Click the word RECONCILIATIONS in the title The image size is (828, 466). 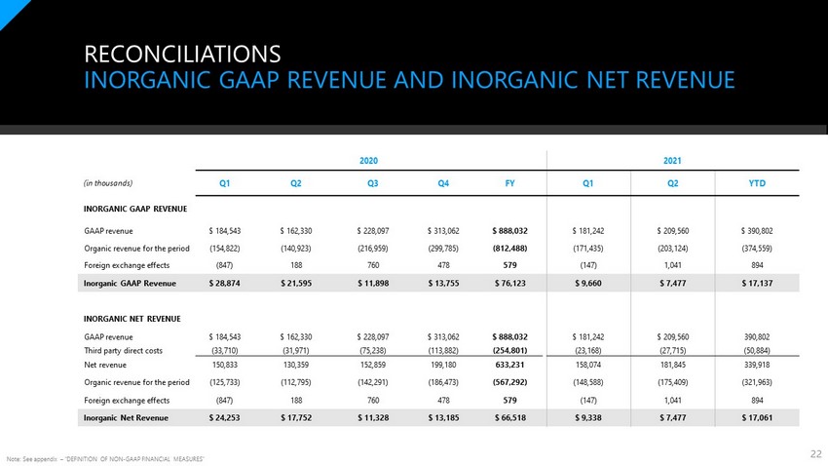[x=182, y=54]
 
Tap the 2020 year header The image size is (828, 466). [x=368, y=161]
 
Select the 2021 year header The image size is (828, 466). [x=672, y=161]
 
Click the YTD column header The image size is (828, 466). [x=757, y=183]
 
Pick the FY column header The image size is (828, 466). [x=509, y=183]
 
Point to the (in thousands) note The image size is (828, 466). [x=108, y=183]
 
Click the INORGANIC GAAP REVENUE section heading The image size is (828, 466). [x=135, y=209]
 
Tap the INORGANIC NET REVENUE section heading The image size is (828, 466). [x=132, y=319]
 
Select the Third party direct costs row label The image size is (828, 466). [x=123, y=350]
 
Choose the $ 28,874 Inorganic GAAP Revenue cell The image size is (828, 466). [x=224, y=283]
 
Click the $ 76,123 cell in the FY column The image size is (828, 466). [x=510, y=283]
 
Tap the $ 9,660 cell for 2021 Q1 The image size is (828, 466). [x=588, y=283]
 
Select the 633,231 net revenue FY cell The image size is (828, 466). [x=510, y=365]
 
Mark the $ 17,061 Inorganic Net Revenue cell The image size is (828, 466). [x=757, y=417]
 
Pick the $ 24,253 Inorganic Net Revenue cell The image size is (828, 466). [x=224, y=417]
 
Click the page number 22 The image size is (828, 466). [x=816, y=454]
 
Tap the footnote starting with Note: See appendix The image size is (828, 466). [x=105, y=459]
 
